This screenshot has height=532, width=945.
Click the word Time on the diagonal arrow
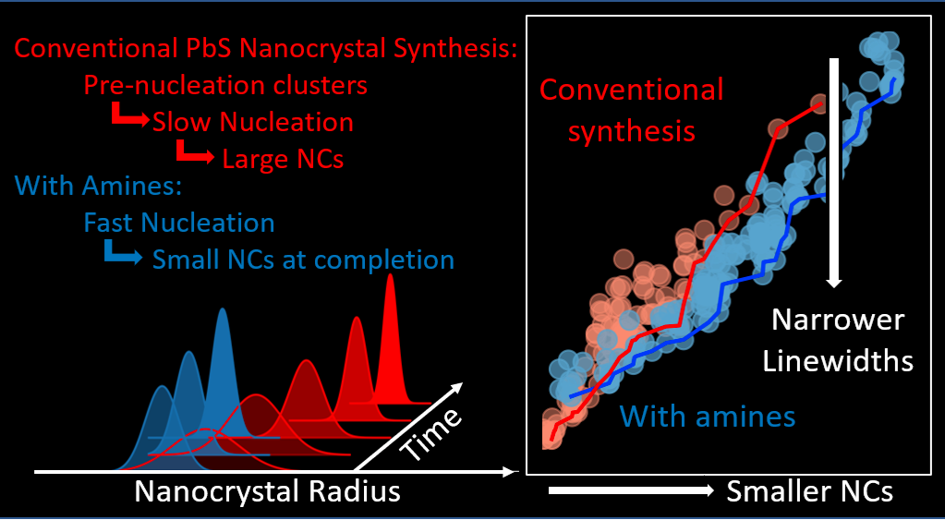430,434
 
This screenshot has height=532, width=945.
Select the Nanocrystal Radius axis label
267,491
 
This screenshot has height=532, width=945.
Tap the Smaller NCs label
809,491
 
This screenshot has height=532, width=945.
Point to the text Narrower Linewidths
838,341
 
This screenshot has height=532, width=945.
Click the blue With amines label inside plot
708,417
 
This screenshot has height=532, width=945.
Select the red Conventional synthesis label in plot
631,110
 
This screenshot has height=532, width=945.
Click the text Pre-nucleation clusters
225,85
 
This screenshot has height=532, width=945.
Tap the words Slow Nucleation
252,122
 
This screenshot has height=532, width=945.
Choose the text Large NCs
283,159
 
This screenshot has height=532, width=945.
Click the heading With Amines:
98,186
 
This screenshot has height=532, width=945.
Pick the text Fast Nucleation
179,223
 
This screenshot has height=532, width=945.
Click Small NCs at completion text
303,260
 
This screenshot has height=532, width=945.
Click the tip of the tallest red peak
391,274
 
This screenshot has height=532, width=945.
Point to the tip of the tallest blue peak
223,308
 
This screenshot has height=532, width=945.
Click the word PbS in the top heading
209,48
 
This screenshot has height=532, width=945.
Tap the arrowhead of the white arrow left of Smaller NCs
709,490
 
